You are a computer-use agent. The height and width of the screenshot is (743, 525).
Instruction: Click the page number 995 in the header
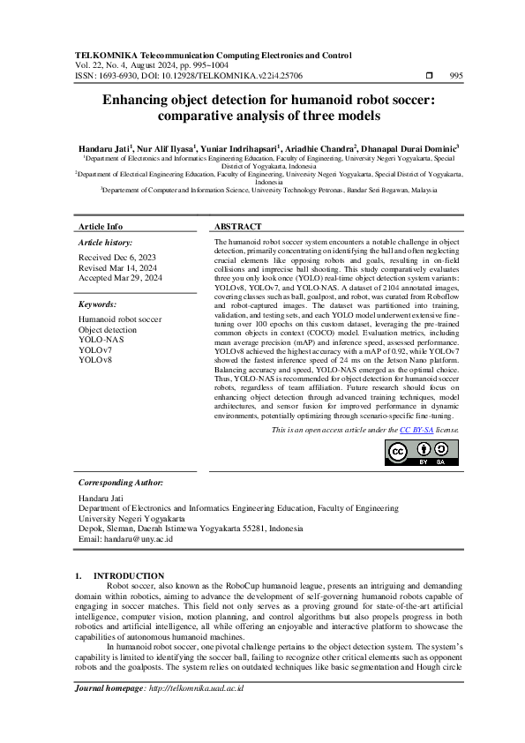[x=456, y=77]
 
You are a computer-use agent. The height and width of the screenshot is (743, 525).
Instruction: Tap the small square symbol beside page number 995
[x=429, y=77]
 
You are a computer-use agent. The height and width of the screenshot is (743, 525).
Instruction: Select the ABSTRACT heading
[x=237, y=227]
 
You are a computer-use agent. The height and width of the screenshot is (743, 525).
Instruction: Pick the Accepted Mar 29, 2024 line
[x=120, y=277]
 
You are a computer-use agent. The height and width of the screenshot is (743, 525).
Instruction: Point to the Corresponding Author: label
[x=120, y=483]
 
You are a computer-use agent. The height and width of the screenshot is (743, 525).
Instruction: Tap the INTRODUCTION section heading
[x=129, y=575]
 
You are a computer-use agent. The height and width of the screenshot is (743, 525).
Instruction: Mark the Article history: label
[x=106, y=242]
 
